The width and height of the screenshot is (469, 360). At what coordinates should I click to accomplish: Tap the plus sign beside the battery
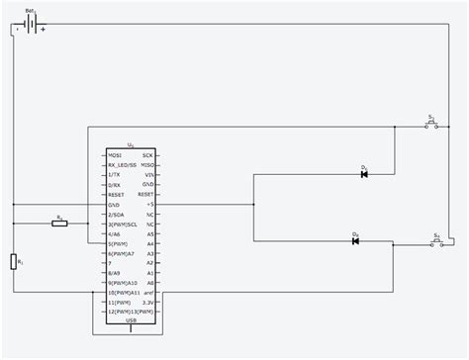pyautogui.click(x=44, y=30)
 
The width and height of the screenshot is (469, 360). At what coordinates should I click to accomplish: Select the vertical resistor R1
pyautogui.click(x=14, y=261)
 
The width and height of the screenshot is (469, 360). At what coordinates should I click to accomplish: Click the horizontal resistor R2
pyautogui.click(x=59, y=224)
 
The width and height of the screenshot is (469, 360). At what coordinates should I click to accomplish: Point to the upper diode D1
pyautogui.click(x=364, y=175)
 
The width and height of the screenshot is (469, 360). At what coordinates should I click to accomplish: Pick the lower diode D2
pyautogui.click(x=355, y=241)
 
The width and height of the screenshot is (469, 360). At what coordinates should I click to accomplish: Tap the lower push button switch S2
pyautogui.click(x=436, y=242)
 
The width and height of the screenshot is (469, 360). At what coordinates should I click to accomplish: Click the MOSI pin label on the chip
pyautogui.click(x=116, y=156)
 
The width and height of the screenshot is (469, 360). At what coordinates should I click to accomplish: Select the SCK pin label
pyautogui.click(x=147, y=156)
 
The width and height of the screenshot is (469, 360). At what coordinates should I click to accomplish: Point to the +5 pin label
pyautogui.click(x=149, y=205)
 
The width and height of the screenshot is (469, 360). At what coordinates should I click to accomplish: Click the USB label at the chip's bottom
pyautogui.click(x=132, y=320)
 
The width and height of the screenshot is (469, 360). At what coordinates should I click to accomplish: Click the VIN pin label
pyautogui.click(x=148, y=175)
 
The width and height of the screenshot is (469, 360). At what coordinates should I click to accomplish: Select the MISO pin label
pyautogui.click(x=147, y=165)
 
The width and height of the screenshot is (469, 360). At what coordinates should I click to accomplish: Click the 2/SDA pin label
pyautogui.click(x=117, y=214)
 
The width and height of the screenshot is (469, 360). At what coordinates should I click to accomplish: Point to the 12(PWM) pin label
pyautogui.click(x=119, y=312)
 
